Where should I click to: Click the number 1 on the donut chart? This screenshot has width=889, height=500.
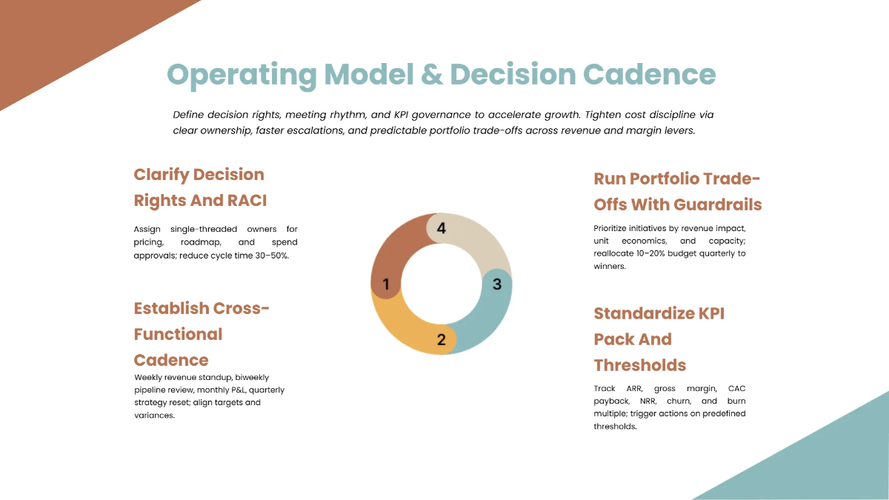coord(386,284)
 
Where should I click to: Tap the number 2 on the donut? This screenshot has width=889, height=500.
coord(442,340)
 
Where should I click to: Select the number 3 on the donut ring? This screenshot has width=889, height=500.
coord(497,284)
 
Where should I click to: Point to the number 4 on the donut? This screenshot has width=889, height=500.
coord(442,228)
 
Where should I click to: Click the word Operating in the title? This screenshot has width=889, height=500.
coord(242,75)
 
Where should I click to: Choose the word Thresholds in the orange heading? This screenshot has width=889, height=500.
coord(639,365)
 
